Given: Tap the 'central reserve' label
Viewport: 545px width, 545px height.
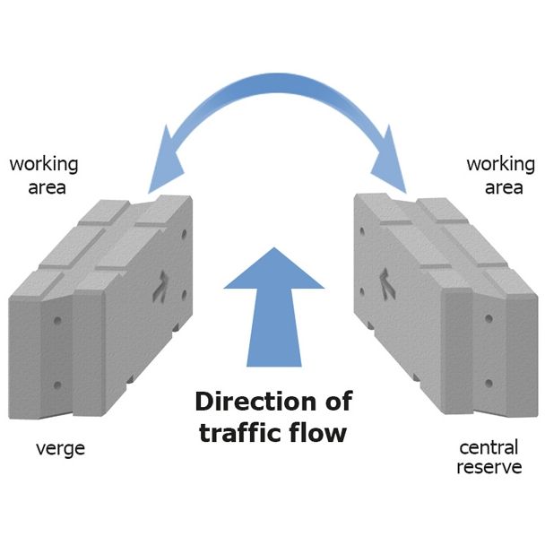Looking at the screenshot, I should point(489,456).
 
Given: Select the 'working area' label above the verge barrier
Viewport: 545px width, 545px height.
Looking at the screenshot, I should point(44,176).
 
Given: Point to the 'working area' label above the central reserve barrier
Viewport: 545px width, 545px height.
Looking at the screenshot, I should point(500,176).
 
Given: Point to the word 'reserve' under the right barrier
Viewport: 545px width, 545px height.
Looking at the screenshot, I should point(489,467).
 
